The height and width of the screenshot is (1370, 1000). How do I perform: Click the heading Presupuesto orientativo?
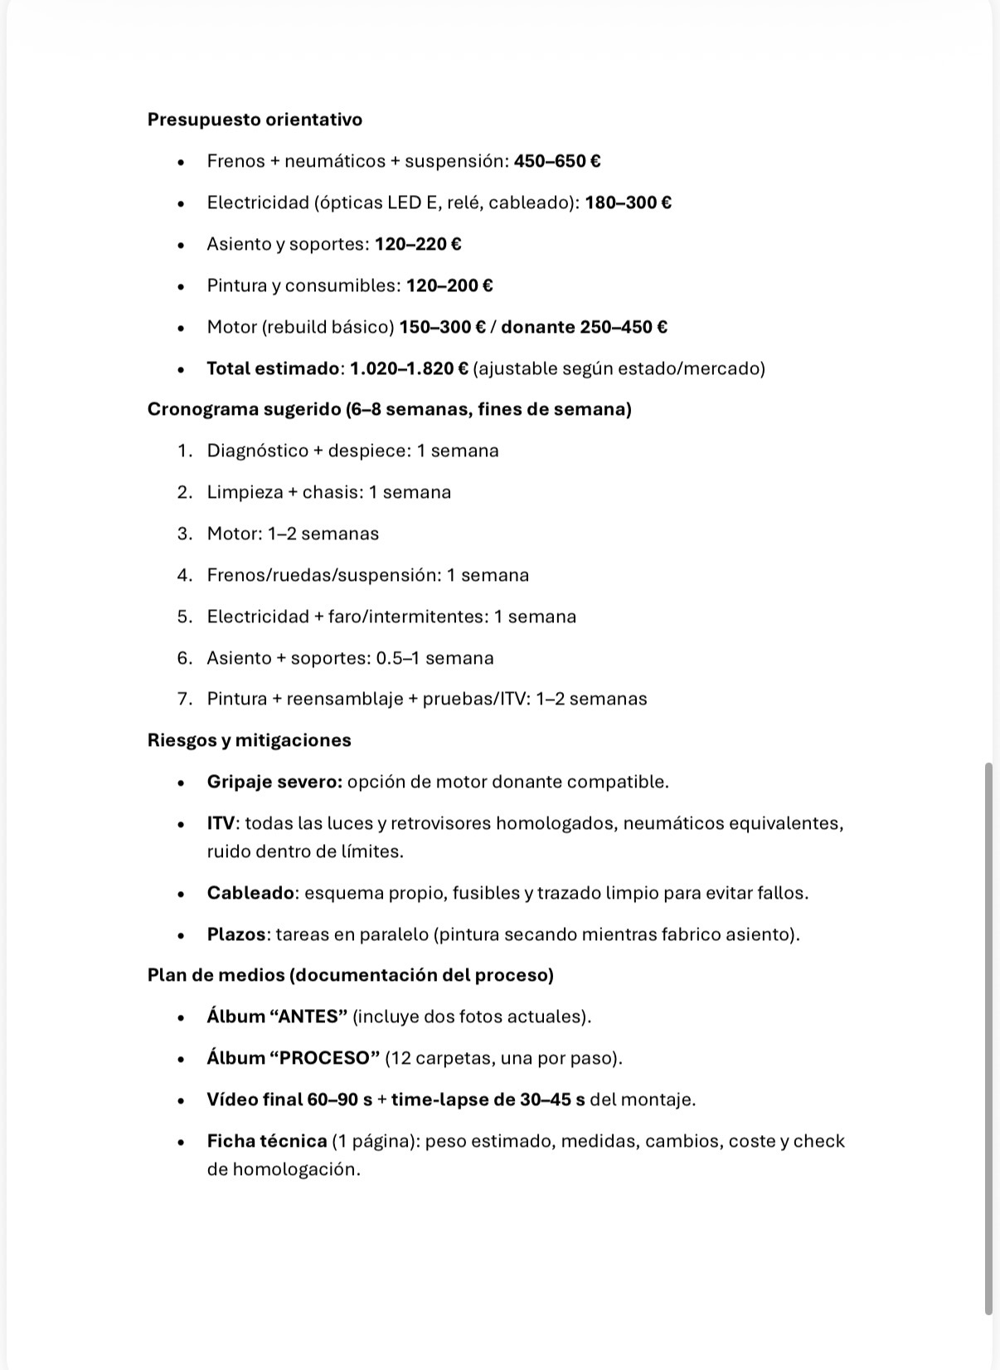tap(255, 119)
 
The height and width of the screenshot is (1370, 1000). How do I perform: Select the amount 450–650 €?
tap(557, 161)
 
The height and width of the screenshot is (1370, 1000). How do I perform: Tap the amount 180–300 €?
tap(628, 202)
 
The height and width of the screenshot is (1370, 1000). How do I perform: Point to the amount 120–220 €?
tap(418, 244)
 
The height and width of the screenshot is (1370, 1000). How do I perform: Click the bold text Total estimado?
tap(273, 368)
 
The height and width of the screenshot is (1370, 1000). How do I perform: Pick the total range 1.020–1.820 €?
tap(409, 368)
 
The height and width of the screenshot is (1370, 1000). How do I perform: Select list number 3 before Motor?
tap(184, 534)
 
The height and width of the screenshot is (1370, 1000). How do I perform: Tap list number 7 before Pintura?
tap(184, 699)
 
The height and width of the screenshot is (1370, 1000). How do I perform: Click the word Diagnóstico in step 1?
tap(256, 451)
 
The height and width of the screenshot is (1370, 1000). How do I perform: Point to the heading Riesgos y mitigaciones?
tap(249, 740)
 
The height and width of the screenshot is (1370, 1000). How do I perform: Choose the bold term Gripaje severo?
tap(274, 782)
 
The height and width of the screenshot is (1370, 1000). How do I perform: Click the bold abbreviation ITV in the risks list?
tap(221, 823)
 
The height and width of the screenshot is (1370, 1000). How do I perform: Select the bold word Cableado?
tap(250, 893)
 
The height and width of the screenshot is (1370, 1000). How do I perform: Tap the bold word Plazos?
tap(236, 934)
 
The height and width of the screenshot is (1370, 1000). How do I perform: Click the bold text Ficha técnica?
tap(266, 1141)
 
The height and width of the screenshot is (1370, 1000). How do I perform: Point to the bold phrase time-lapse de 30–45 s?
tap(488, 1099)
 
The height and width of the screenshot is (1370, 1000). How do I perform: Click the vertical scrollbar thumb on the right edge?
tap(988, 1037)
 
